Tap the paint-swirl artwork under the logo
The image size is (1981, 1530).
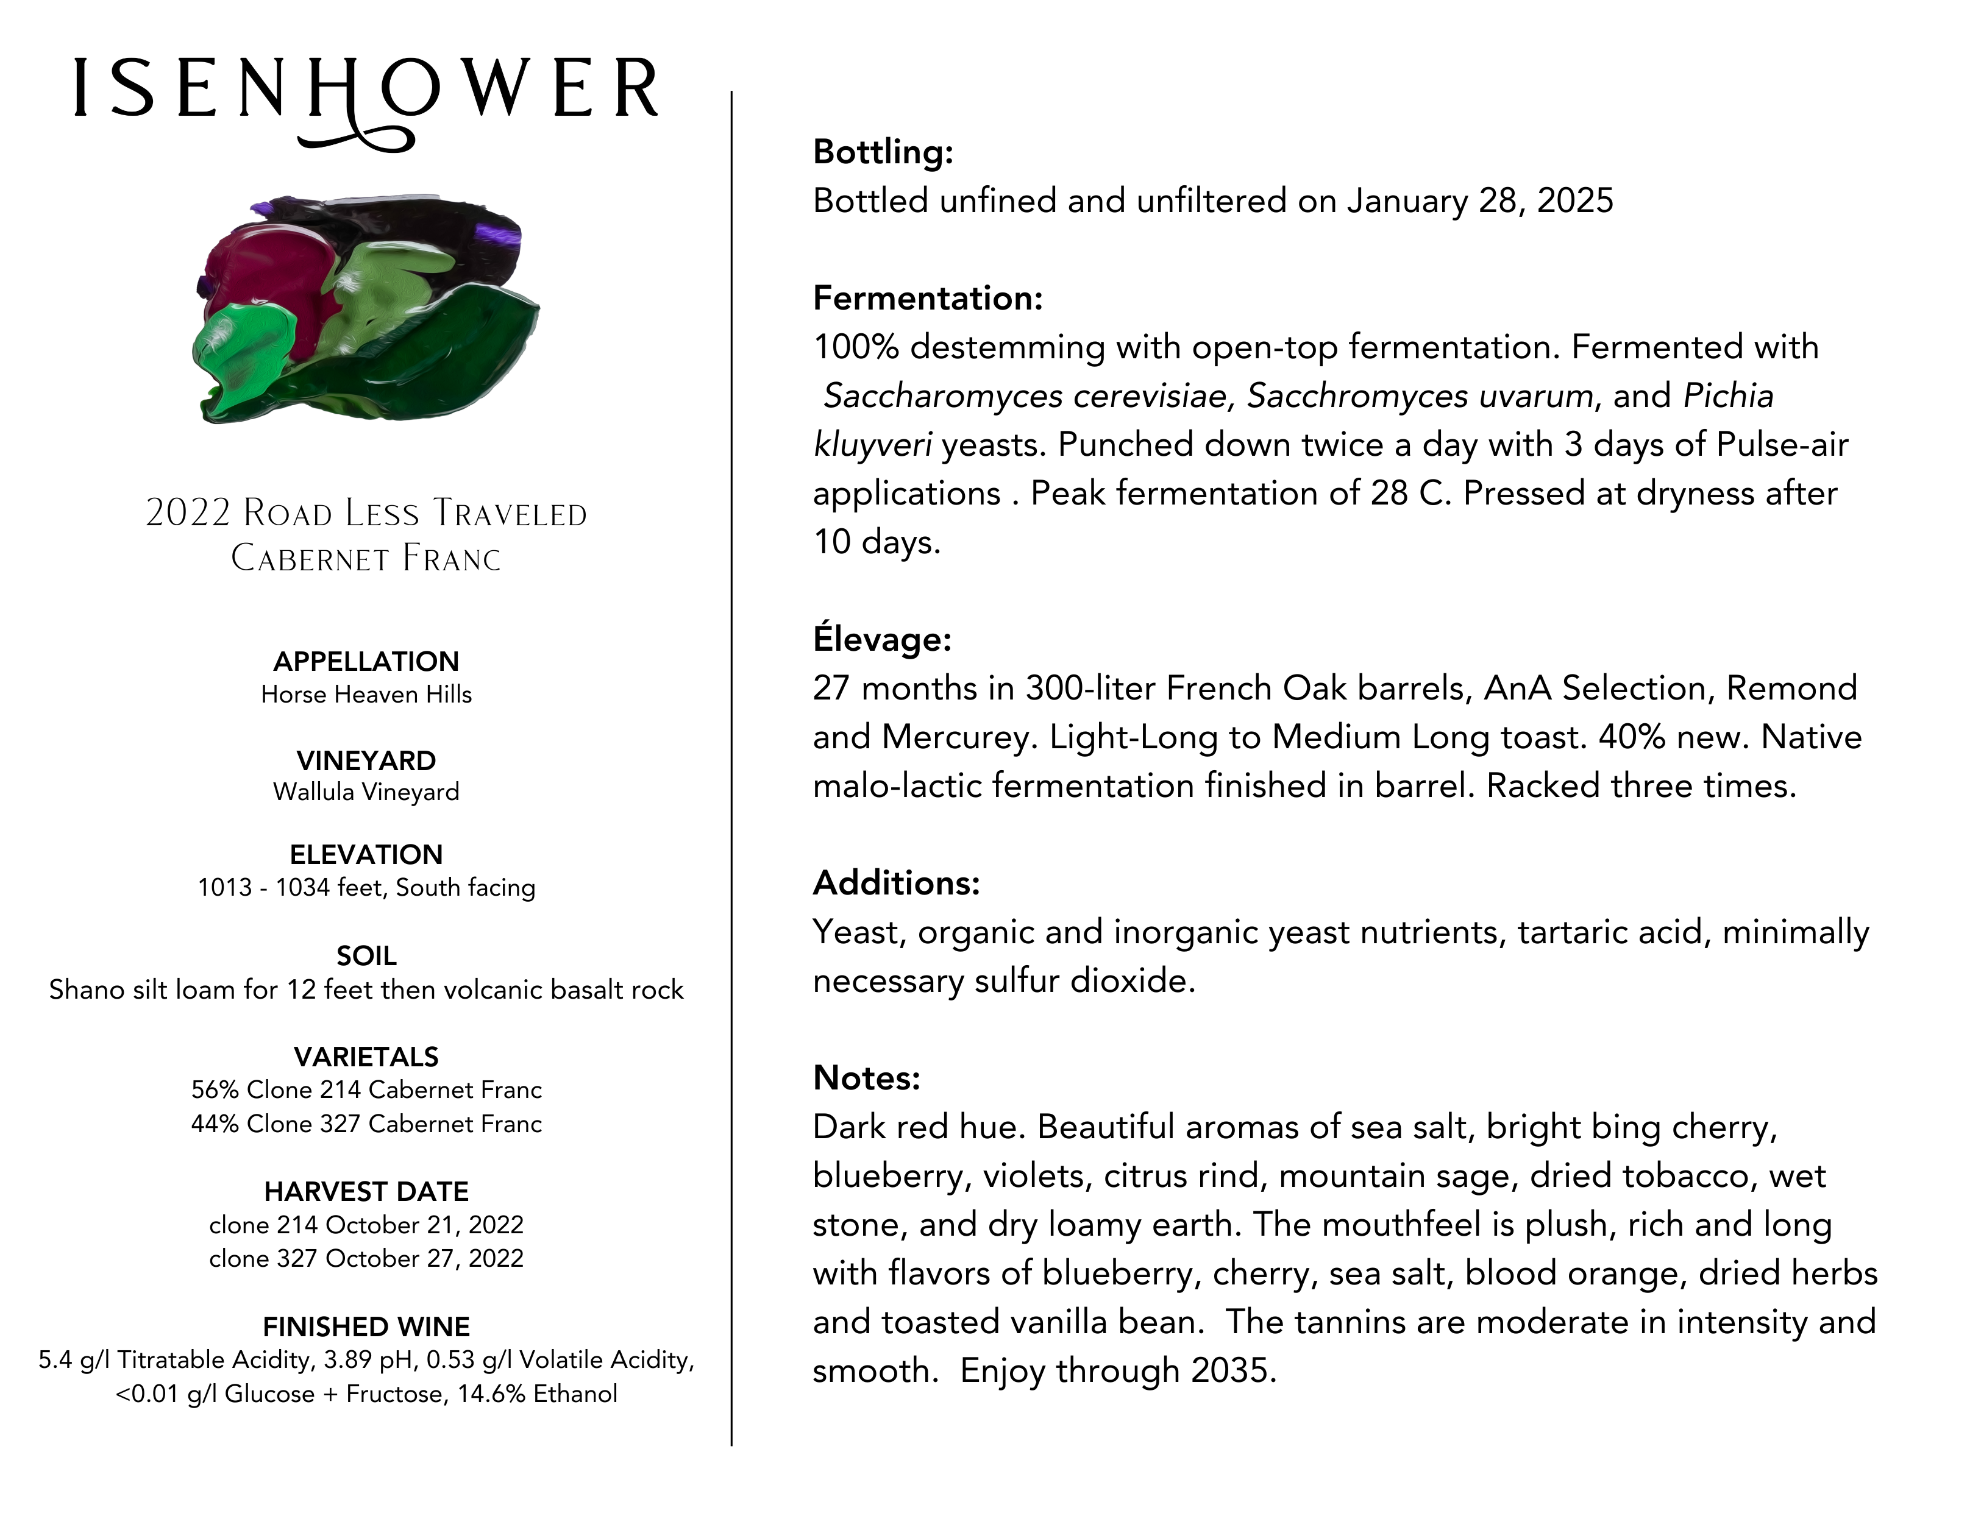366,308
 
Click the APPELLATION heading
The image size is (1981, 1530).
366,661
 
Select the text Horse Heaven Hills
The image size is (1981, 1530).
366,695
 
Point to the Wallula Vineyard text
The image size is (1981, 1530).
366,792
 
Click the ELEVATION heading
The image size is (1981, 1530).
366,854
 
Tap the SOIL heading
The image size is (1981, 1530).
366,956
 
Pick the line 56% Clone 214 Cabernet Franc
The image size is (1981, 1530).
366,1089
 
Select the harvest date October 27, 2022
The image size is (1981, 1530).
424,1259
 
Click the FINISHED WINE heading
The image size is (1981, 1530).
366,1327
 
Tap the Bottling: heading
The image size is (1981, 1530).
883,152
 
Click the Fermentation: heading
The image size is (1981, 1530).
927,299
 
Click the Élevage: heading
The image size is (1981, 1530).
881,639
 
